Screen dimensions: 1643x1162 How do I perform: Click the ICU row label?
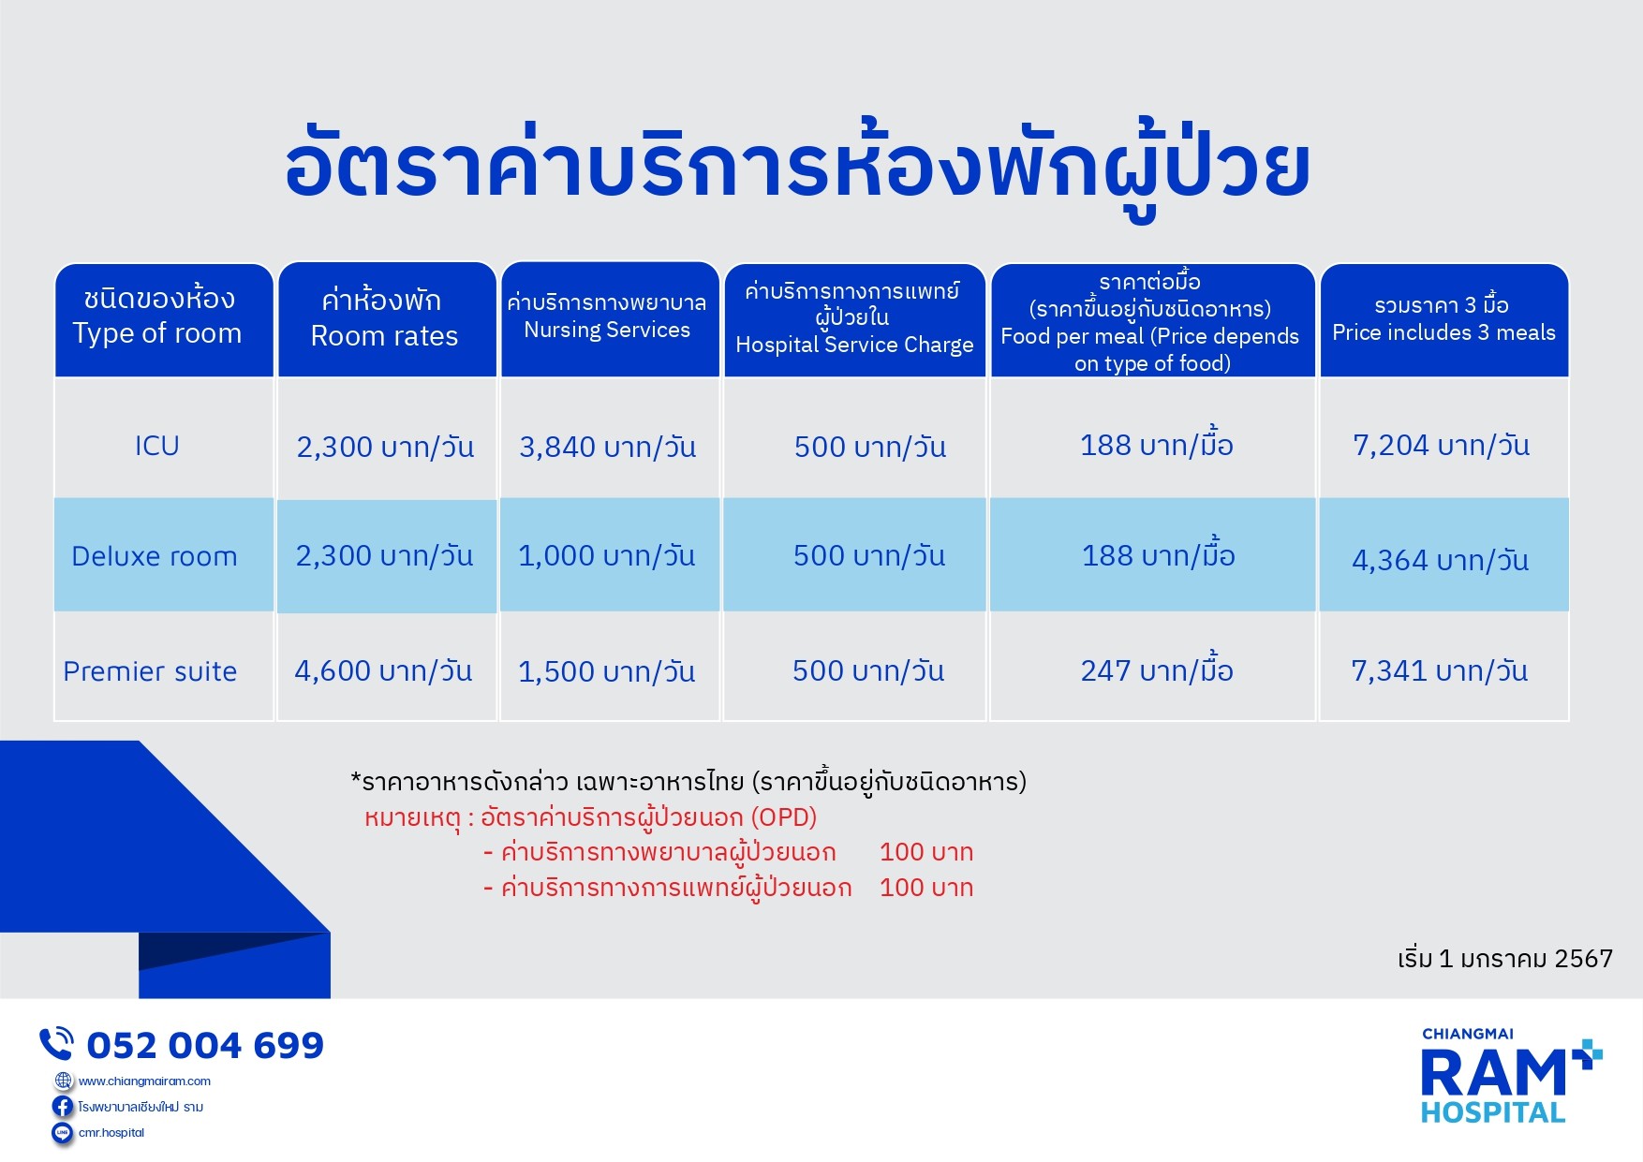coord(156,446)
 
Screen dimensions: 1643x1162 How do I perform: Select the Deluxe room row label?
coord(155,556)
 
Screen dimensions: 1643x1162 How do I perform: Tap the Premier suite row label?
coord(150,671)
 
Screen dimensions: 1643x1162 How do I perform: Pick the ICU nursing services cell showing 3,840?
coord(608,447)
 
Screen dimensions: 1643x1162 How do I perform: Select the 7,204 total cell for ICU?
coord(1441,445)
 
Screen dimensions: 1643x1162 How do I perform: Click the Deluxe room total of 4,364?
coord(1440,560)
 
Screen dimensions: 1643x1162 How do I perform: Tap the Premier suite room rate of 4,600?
coord(383,670)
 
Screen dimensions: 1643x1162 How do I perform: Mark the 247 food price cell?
coord(1157,669)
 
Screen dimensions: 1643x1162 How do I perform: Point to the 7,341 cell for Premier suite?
coord(1439,670)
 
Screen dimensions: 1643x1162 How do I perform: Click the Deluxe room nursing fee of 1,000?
coord(607,555)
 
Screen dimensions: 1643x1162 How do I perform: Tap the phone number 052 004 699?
coord(205,1045)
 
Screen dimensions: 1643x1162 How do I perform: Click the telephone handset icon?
coord(56,1043)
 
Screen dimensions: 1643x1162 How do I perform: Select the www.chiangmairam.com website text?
coord(144,1081)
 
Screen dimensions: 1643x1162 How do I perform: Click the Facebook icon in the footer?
coord(63,1107)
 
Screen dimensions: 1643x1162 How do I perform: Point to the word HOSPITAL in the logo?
coord(1493,1112)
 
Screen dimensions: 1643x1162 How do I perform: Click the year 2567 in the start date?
coord(1583,959)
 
